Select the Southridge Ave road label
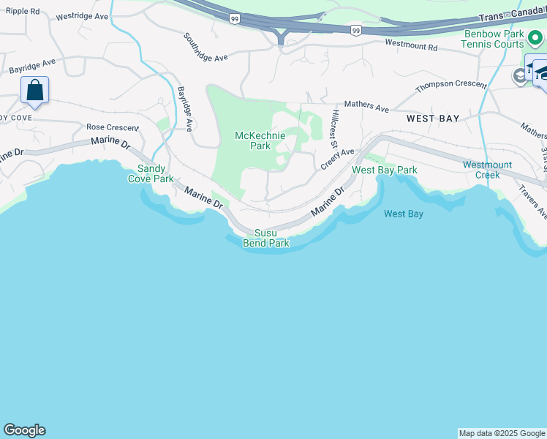pyautogui.click(x=205, y=47)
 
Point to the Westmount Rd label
pyautogui.click(x=410, y=45)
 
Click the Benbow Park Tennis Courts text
pyautogui.click(x=492, y=40)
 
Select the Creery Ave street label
pyautogui.click(x=336, y=159)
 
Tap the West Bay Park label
pyautogui.click(x=384, y=170)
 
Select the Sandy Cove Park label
pyautogui.click(x=151, y=173)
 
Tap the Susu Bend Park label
pyautogui.click(x=266, y=238)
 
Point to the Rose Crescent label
pyautogui.click(x=112, y=127)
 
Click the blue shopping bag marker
pyautogui.click(x=34, y=91)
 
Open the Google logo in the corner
pyautogui.click(x=24, y=430)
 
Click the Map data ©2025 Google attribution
pyautogui.click(x=502, y=433)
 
